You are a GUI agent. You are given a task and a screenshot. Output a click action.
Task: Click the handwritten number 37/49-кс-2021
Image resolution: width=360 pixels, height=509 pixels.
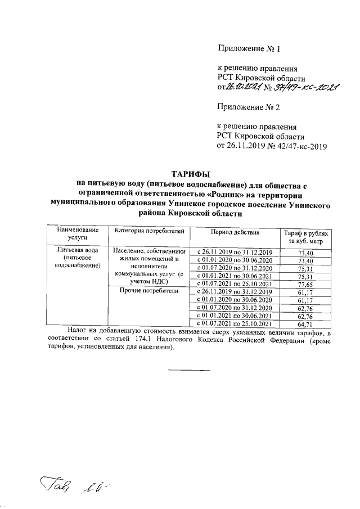304,87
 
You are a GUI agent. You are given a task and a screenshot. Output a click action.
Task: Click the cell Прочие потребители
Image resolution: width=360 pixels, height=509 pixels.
149,291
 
